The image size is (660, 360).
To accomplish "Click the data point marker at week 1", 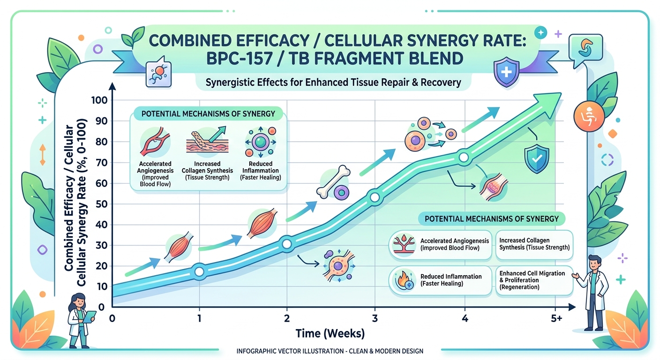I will (199, 271).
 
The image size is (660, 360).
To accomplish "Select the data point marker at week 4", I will (464, 157).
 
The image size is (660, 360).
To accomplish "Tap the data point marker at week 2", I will (286, 244).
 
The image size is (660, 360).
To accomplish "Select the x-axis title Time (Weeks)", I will (330, 334).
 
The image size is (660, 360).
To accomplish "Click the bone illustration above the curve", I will (333, 181).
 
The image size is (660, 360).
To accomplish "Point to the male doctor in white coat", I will (594, 291).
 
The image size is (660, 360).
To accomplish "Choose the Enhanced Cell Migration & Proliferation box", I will (533, 280).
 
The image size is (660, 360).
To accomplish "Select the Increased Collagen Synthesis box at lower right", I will (533, 244).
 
